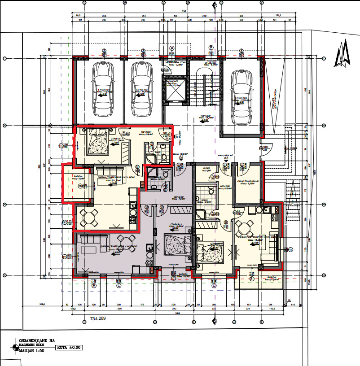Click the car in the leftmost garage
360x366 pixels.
click(102, 88)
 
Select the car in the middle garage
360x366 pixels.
click(140, 88)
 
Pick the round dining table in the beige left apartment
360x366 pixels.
click(90, 218)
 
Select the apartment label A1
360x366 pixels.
click(178, 136)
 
